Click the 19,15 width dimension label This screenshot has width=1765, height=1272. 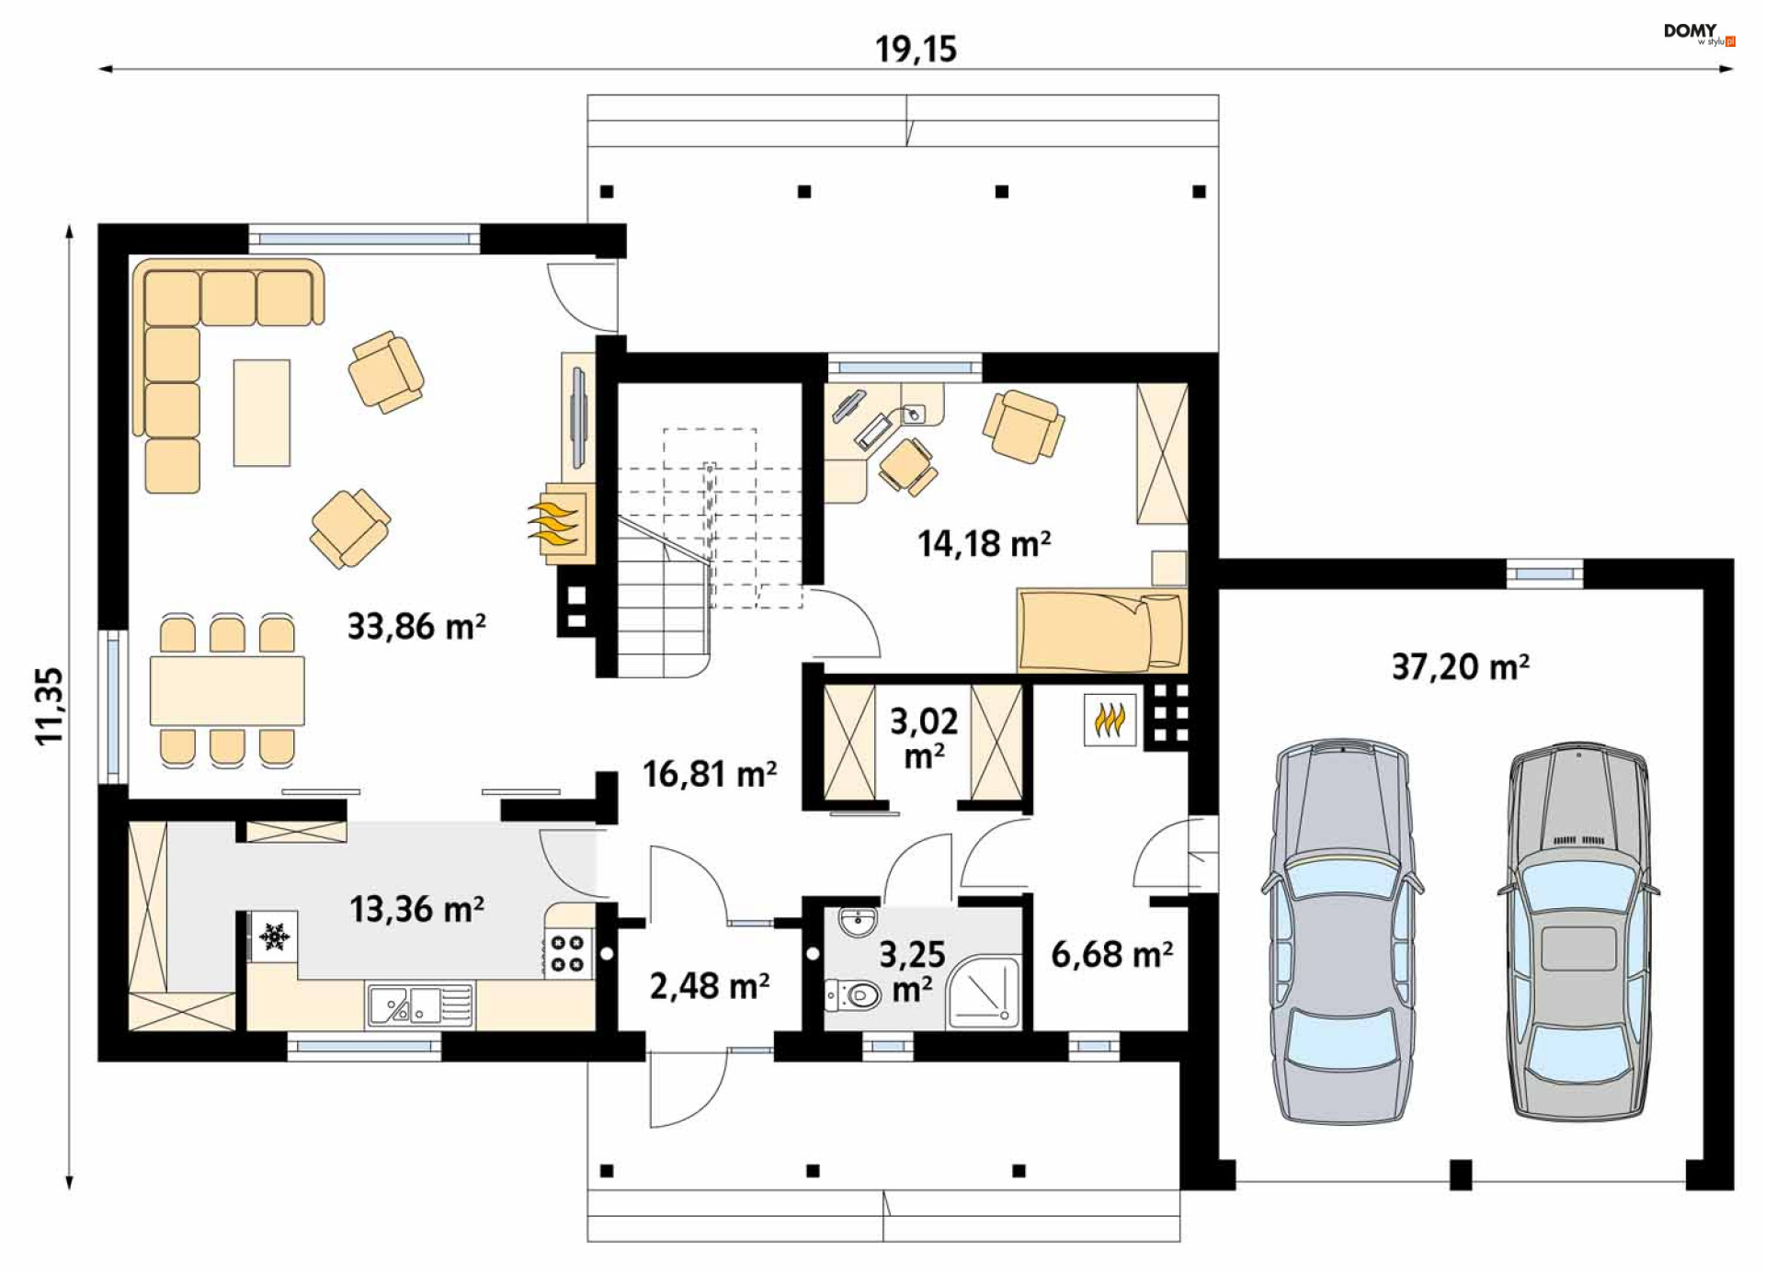tap(916, 49)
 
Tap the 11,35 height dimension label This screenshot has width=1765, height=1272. tap(50, 706)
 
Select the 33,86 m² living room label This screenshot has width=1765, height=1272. tap(416, 627)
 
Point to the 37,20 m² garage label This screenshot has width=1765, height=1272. tap(1461, 666)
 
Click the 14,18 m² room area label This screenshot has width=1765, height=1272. tap(985, 543)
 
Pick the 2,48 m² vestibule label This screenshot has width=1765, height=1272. tap(710, 986)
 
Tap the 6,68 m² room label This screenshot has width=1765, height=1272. tap(1111, 954)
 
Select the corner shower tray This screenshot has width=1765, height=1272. tap(984, 993)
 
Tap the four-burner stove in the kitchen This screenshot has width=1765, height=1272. tap(568, 953)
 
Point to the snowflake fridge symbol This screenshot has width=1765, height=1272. tap(274, 937)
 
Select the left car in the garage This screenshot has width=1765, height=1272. tap(1342, 933)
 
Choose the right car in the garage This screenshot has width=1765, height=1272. tap(1578, 933)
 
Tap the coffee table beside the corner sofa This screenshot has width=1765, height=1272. tap(262, 413)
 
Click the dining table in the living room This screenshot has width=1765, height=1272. tap(227, 690)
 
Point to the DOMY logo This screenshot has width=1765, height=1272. tap(1699, 33)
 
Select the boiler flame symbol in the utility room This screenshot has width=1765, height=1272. tap(1110, 720)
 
